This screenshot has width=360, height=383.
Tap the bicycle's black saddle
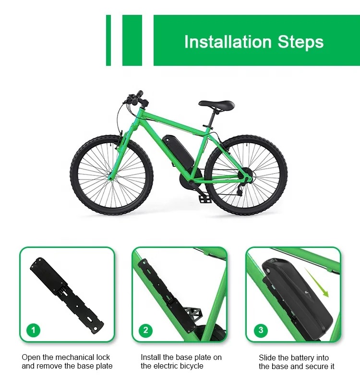[216, 104]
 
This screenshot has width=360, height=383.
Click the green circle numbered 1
[33, 330]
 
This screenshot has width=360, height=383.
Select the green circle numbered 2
[145, 330]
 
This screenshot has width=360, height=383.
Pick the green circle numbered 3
[261, 330]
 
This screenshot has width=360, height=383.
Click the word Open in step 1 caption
[32, 358]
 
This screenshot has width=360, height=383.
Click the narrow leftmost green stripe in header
[108, 40]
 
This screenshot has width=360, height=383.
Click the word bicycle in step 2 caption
[192, 366]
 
